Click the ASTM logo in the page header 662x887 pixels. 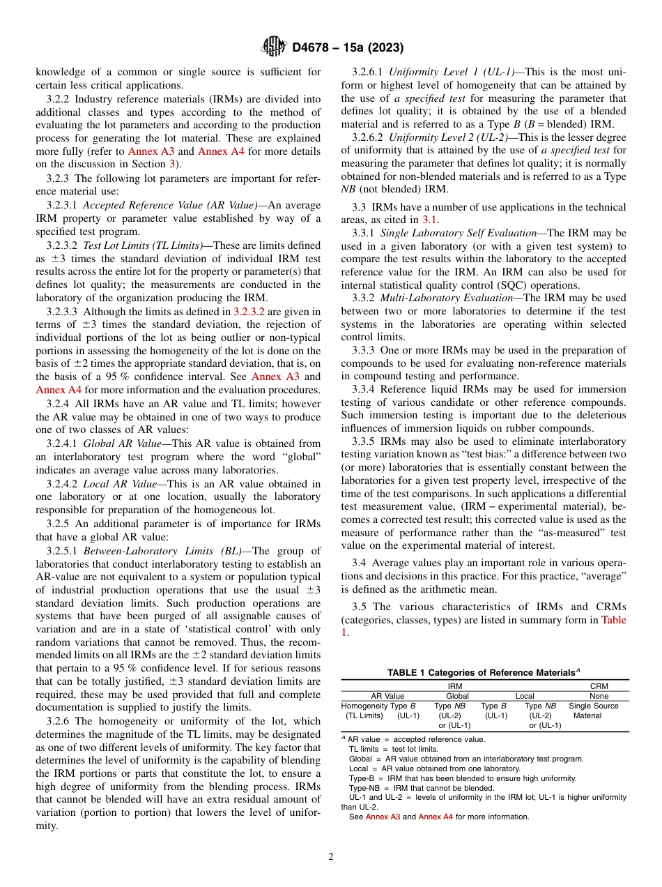tap(273, 47)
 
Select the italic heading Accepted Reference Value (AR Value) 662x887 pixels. tap(170, 205)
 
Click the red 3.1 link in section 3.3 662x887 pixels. tap(431, 220)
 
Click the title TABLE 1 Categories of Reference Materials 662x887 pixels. tap(484, 672)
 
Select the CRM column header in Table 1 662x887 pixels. tap(599, 686)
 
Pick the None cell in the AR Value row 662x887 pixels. tap(599, 696)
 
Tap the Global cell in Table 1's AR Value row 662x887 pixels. tap(457, 696)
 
